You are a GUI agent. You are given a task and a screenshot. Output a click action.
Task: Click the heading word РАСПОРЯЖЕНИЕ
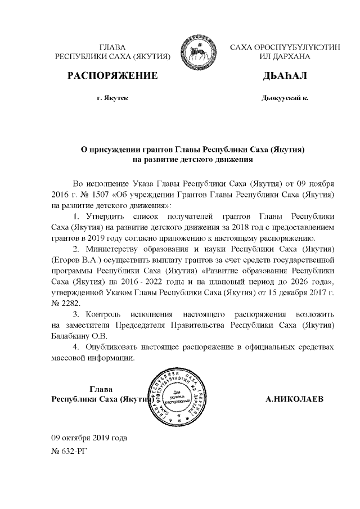pyautogui.click(x=112, y=76)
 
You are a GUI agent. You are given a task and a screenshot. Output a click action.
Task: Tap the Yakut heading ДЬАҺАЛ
pyautogui.click(x=285, y=76)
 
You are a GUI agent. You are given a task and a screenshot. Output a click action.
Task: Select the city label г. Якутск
pyautogui.click(x=112, y=97)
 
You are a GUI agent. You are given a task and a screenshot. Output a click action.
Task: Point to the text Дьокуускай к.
pyautogui.click(x=285, y=97)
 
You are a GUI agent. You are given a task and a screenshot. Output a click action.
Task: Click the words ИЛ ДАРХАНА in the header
pyautogui.click(x=285, y=57)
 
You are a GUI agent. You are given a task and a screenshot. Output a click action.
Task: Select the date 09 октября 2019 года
pyautogui.click(x=89, y=437)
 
